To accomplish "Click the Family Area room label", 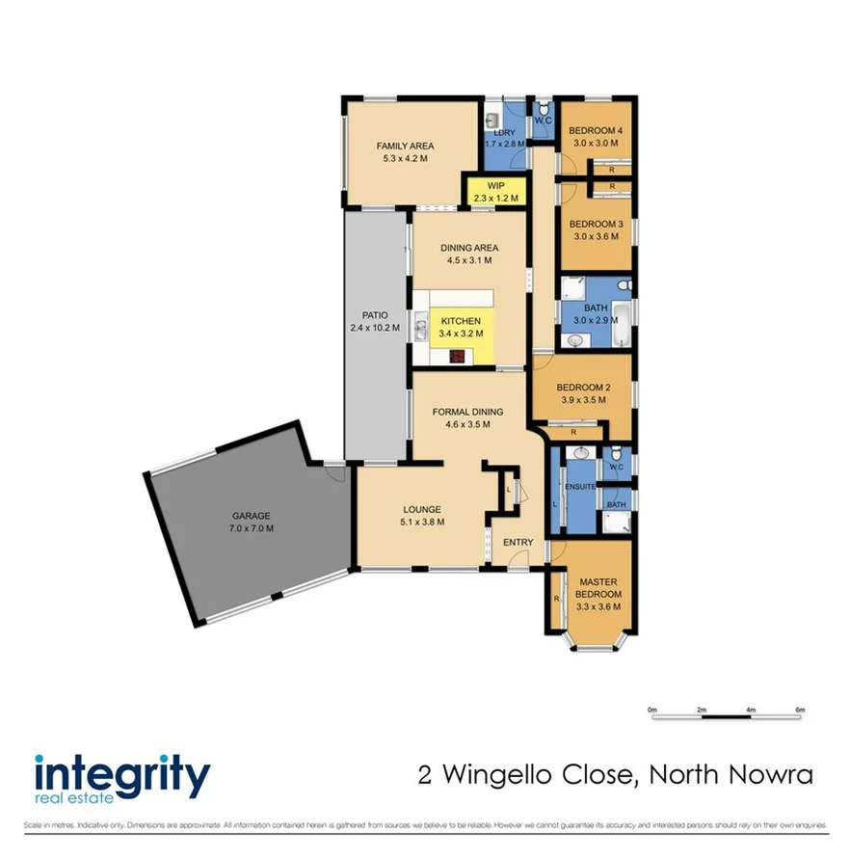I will click(402, 146).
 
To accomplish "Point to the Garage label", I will click(251, 515).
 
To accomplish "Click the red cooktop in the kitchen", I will click(458, 357).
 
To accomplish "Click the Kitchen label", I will click(461, 321).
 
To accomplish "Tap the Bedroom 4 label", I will click(596, 131).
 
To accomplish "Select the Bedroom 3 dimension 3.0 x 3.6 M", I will click(596, 236).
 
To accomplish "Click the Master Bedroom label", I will click(599, 588).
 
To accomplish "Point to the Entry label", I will click(518, 542).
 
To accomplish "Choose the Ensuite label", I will click(579, 486).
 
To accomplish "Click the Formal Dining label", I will click(468, 412).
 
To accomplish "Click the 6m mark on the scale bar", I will click(800, 710).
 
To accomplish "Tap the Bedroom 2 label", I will click(583, 388).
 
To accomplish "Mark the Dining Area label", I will click(469, 248).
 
